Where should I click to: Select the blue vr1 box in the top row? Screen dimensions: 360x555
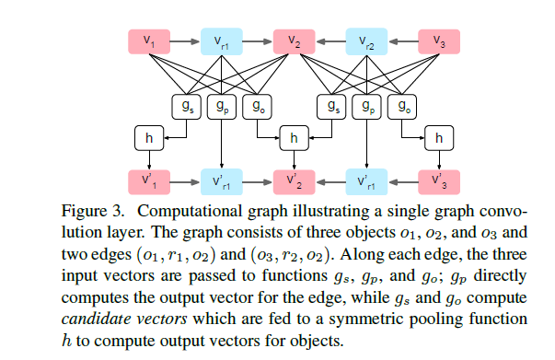pyautogui.click(x=222, y=41)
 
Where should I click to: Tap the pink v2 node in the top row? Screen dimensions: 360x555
pyautogui.click(x=294, y=41)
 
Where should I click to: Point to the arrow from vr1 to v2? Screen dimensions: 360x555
pyautogui.click(x=258, y=41)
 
